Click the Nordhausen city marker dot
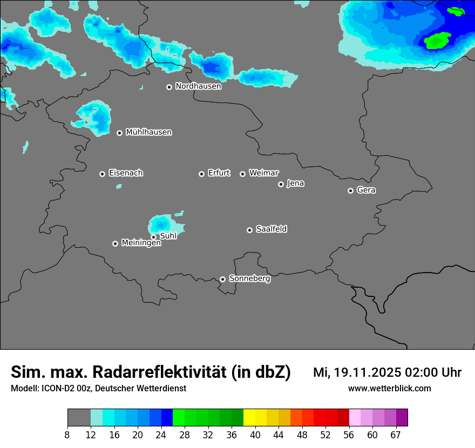(x=169, y=87)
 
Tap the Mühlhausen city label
(x=148, y=132)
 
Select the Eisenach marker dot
(x=102, y=174)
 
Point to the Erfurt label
(x=219, y=173)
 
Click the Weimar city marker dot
(x=242, y=174)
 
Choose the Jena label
(x=295, y=184)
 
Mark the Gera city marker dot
(x=350, y=191)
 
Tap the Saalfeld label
(x=271, y=229)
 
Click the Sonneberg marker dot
(x=222, y=279)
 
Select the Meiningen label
(x=141, y=243)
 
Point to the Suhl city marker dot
(x=154, y=237)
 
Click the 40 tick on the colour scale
(x=255, y=435)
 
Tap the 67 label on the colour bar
(x=396, y=435)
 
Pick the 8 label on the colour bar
(x=67, y=435)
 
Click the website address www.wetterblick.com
(x=389, y=389)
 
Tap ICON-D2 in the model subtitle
(x=57, y=389)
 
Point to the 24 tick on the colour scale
(x=161, y=435)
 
